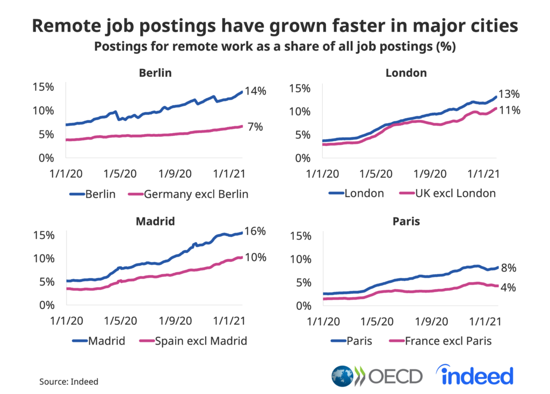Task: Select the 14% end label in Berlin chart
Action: (x=255, y=91)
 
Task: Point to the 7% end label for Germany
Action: (x=255, y=127)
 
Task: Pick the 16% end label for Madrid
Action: (x=255, y=231)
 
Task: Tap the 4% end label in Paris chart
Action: (x=508, y=288)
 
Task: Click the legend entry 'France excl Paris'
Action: (x=441, y=341)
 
